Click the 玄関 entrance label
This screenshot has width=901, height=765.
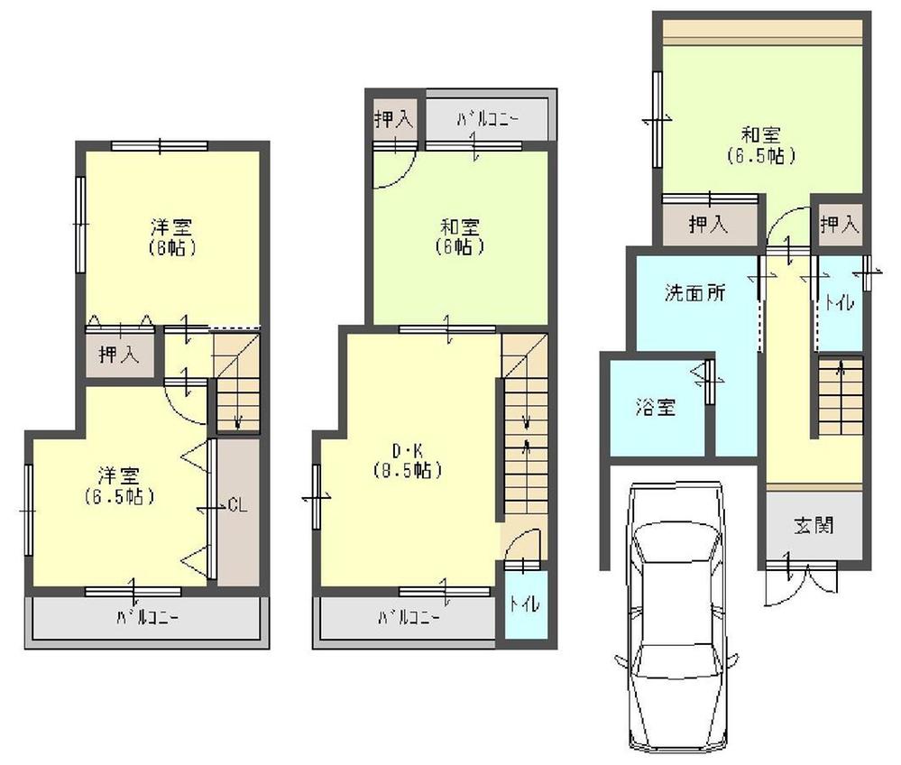813,525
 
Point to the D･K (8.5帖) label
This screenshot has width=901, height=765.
408,460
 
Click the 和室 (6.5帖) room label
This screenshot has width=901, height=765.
761,144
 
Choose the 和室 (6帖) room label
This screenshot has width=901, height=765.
460,235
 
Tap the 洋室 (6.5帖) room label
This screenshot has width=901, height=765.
118,485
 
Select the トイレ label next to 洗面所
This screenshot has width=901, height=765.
838,305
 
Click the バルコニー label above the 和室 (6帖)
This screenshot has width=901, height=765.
486,117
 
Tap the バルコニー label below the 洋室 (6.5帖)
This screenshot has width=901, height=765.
149,618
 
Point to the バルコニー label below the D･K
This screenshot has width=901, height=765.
409,618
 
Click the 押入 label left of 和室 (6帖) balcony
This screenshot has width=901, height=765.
393,117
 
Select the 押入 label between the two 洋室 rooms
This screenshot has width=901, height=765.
119,355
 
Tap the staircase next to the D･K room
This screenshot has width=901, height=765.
524,424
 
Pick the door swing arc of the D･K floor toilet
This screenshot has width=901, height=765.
525,545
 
